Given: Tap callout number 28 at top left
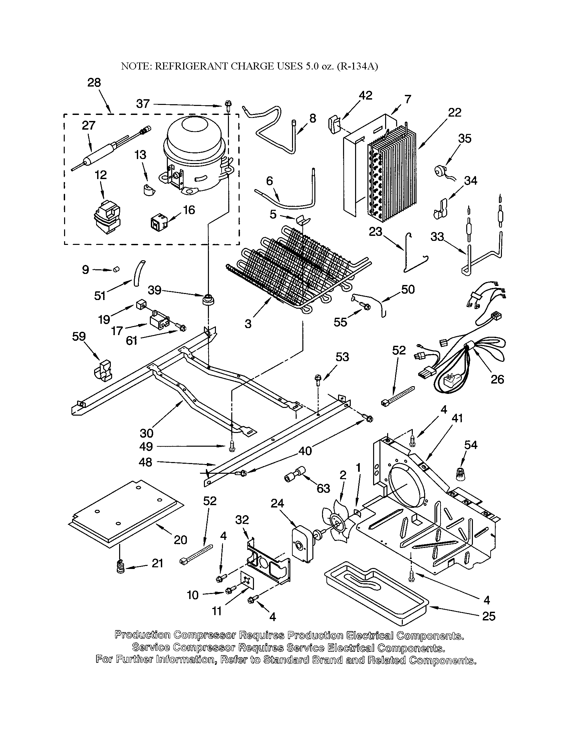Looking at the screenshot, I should point(94,83).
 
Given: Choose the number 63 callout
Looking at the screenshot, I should point(323,488).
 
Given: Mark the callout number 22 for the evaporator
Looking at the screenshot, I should point(455,112).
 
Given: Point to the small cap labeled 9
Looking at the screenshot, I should point(116,269).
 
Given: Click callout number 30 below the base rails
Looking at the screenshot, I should point(147,433).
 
